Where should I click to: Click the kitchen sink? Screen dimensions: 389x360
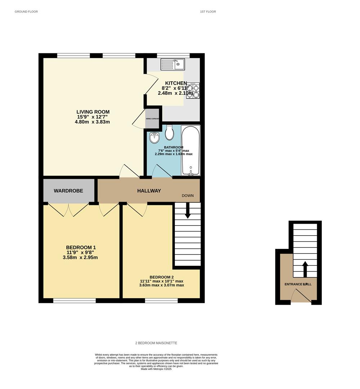coord(173,64)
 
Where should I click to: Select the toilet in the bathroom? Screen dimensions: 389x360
coord(169,133)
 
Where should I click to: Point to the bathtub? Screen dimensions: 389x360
coord(190,151)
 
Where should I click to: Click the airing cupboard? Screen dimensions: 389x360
coord(152,119)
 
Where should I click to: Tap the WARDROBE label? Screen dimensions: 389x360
coord(68,191)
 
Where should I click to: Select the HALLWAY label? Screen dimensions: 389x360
coord(149,191)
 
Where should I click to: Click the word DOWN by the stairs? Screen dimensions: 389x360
coord(187,196)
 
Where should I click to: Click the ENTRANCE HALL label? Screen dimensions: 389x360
coord(298,284)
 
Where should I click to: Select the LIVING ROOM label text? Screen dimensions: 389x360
coord(93,112)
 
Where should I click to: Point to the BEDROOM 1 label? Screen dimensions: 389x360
coord(81,247)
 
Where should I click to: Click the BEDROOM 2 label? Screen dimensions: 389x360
coord(161,277)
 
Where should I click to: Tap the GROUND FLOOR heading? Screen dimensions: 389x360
coord(26,12)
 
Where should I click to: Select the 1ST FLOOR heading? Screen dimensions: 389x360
coord(208,12)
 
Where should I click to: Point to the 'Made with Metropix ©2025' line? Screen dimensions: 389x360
coord(156,369)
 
